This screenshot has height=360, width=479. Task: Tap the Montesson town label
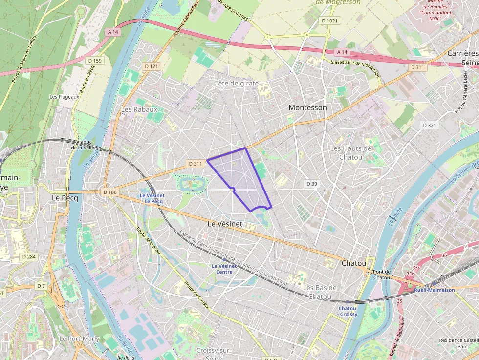coord(307,107)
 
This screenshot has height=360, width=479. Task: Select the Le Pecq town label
coord(63,198)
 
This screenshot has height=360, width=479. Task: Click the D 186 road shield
coord(110,192)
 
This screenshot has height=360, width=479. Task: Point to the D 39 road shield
coord(311,183)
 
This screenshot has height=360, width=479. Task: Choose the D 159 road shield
coord(95,61)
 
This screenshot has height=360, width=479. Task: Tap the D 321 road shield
coord(429,126)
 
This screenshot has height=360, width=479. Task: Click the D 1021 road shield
coord(330,21)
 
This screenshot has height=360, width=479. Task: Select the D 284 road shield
coord(28,256)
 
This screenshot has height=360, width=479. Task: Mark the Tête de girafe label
coord(237,83)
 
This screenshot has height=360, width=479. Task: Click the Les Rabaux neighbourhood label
coord(139,109)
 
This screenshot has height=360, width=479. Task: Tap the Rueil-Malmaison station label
coord(434,290)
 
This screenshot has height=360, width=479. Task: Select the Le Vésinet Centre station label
coord(224,269)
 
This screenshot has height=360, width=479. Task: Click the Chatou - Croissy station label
coord(348,311)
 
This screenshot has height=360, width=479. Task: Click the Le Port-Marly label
coord(79,339)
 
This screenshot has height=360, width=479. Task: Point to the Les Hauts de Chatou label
coord(351,152)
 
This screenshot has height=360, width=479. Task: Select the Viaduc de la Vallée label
coord(84,144)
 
